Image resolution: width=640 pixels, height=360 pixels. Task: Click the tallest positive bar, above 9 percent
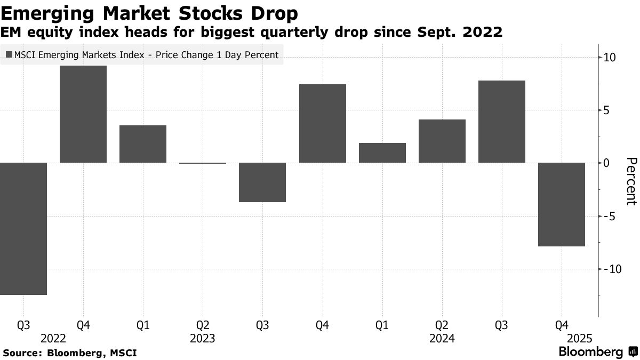point(83,114)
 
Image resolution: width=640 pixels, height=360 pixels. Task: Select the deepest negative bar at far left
point(23,228)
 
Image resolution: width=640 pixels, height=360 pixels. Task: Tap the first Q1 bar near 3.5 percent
point(143,144)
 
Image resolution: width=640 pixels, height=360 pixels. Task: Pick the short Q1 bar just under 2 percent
point(382,153)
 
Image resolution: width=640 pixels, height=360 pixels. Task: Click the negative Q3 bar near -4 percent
point(262,182)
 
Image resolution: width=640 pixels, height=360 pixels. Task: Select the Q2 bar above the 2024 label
point(442,141)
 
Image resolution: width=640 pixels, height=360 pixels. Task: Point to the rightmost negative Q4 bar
point(562,204)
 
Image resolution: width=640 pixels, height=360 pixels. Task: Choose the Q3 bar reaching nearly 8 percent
point(502,122)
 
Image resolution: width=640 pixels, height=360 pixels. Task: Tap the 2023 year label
point(202,339)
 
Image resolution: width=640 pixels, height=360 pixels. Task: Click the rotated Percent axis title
point(631,181)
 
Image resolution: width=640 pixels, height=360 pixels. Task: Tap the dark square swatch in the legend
point(9,55)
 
